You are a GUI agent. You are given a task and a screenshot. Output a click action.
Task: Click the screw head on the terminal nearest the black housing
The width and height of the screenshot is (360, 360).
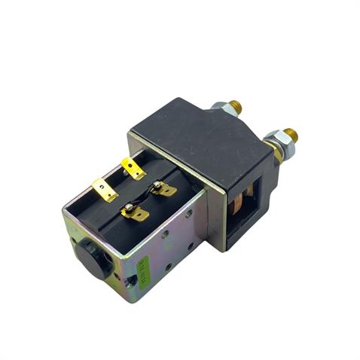point(157,185)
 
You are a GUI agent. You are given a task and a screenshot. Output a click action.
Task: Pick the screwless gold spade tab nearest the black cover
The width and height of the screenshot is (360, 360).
point(133,168)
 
